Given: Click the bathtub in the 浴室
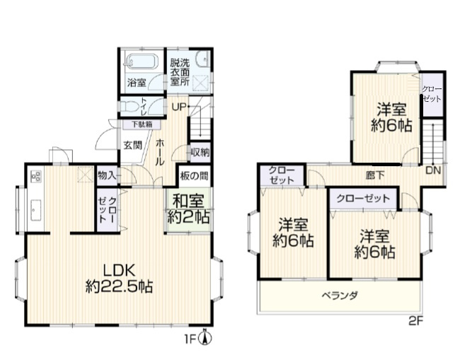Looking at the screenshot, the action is point(142,62).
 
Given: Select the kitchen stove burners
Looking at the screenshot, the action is point(36,176).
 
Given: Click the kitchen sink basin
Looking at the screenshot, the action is point(36,210).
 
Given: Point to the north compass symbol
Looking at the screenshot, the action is point(205,337).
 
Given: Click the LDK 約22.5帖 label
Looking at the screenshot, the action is point(120,279).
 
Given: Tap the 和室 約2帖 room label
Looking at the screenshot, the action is point(188,209).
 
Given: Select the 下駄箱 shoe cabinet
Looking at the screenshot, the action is point(142,124).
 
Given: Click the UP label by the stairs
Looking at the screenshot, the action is point(179,108).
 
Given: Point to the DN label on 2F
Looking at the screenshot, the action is point(433,170).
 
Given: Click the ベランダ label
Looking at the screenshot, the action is point(340,296).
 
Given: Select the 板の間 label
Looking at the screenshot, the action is point(194,176).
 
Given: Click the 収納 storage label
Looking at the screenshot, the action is point(200,153).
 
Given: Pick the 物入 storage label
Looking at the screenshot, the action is point(107,175).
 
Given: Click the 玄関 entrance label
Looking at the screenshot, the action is point(133,145).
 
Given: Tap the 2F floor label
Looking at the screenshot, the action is point(416,322).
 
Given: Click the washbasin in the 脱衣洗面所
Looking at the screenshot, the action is point(203,59).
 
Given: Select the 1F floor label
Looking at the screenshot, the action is point(190,339).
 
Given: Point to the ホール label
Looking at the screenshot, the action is point(160,153).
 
